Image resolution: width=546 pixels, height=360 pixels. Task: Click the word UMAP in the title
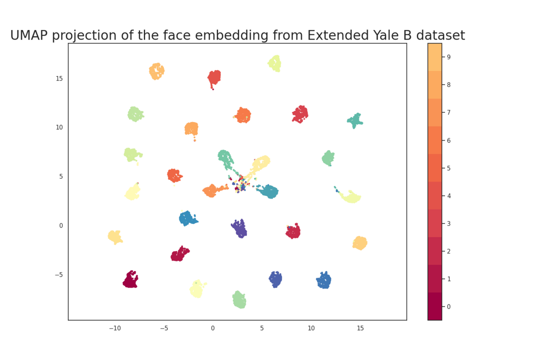click(x=30, y=35)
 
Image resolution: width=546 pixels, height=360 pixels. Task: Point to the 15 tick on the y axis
click(x=59, y=78)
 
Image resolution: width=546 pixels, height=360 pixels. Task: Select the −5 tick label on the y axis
click(x=58, y=274)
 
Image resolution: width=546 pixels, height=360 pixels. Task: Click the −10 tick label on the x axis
click(x=114, y=328)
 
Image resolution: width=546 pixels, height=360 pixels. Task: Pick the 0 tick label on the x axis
click(x=212, y=328)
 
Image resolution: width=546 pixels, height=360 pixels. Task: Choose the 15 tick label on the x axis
click(x=360, y=328)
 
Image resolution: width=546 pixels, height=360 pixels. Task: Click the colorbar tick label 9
click(x=449, y=57)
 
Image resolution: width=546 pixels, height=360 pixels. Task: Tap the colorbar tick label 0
click(x=449, y=306)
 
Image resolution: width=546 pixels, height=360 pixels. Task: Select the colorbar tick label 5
click(x=449, y=168)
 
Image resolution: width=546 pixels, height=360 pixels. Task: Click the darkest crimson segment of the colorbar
click(x=435, y=306)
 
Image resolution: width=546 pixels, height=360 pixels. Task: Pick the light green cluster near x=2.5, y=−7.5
click(x=239, y=300)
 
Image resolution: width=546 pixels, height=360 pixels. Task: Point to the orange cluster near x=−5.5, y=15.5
click(x=157, y=71)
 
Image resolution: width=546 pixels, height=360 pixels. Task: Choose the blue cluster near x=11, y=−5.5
click(x=324, y=281)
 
